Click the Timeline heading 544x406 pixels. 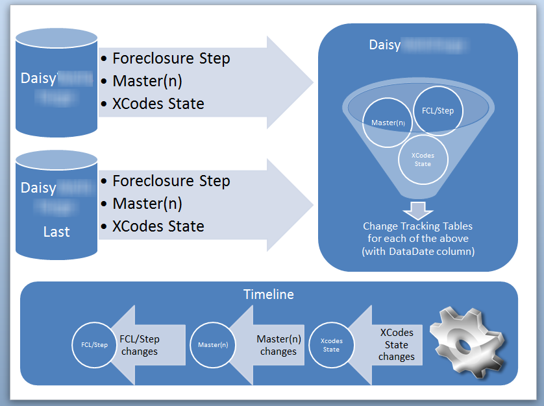(268, 294)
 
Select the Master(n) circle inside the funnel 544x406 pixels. (388, 122)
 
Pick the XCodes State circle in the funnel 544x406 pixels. (423, 160)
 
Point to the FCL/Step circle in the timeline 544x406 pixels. (95, 344)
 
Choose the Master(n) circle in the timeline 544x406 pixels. (213, 344)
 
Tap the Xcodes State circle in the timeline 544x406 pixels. (331, 344)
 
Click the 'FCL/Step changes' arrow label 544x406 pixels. (140, 345)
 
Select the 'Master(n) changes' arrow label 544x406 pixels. (278, 345)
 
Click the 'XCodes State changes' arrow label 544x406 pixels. (396, 344)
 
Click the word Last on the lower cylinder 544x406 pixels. (56, 232)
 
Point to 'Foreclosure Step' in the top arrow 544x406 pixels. (171, 58)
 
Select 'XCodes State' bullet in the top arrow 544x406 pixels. (158, 103)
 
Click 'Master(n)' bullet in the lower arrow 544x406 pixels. (147, 204)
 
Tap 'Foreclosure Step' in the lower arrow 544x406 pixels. (171, 181)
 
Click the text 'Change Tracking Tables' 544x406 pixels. (417, 226)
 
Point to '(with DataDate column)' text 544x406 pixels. (417, 251)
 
